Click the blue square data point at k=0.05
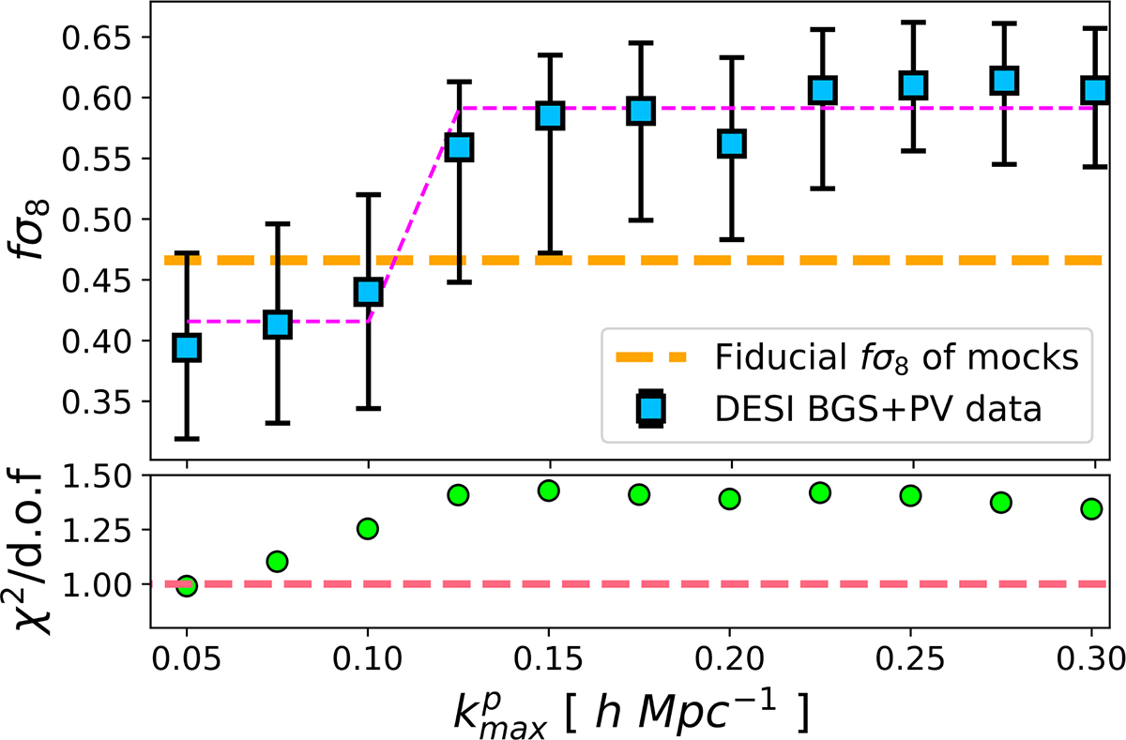[188, 347]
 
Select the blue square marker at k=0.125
[459, 147]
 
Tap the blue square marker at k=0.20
[732, 143]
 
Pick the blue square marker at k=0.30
[1094, 90]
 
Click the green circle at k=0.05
[188, 586]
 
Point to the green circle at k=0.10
[368, 529]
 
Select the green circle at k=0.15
[549, 491]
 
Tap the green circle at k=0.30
[1091, 508]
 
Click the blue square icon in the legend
[653, 410]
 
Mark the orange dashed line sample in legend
[653, 357]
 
